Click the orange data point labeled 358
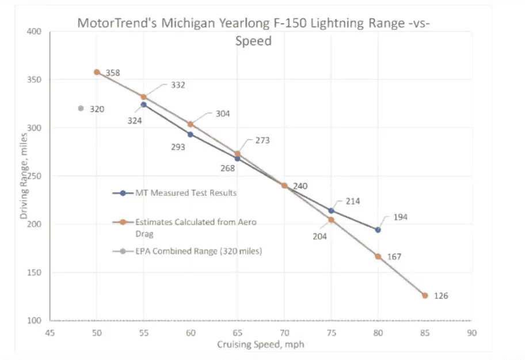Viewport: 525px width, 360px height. coord(97,72)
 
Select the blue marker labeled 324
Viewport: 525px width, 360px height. coord(143,104)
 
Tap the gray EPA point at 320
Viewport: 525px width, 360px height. coord(81,108)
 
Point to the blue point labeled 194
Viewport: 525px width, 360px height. coord(378,229)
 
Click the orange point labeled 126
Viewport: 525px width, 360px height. coord(425,295)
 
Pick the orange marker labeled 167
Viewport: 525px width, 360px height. coord(378,256)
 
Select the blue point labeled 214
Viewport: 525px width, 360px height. coord(331,210)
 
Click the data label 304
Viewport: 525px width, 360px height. coord(222,113)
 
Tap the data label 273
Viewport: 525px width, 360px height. coord(262,140)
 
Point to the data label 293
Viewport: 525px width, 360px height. coord(178,147)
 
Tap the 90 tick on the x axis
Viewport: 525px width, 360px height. coord(471,332)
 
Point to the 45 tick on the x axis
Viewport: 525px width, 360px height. coord(50,332)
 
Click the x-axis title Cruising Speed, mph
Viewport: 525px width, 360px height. coord(260,344)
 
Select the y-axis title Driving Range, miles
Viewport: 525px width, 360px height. coord(24,176)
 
